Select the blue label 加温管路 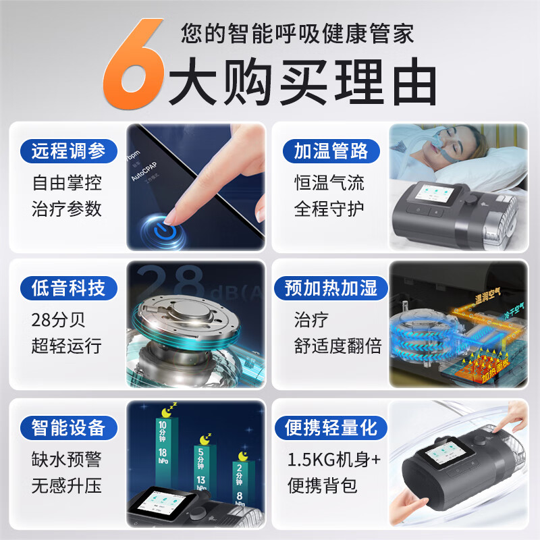(x=331, y=151)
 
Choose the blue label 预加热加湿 (x=331, y=289)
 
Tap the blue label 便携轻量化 (x=331, y=427)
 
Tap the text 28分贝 (x=59, y=319)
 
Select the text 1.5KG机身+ (x=334, y=460)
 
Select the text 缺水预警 (x=66, y=460)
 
